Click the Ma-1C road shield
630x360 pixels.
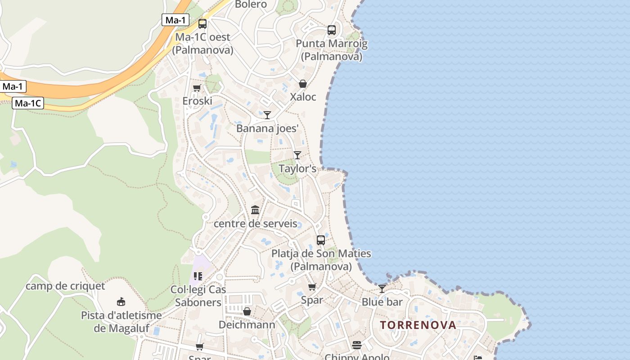pos(28,103)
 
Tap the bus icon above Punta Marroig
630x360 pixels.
pos(332,30)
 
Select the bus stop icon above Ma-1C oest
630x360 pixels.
pos(202,24)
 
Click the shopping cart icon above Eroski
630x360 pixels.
pos(197,88)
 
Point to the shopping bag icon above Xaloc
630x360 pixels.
pos(303,84)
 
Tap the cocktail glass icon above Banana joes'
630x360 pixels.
pos(267,115)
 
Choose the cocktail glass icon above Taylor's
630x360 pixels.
pos(297,155)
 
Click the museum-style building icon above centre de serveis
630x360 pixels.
pos(255,210)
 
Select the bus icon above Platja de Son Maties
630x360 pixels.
pos(321,240)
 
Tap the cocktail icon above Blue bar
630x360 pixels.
pos(382,288)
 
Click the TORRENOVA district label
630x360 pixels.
pos(418,325)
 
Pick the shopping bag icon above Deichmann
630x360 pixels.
pos(247,311)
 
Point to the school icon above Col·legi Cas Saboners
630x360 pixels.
pos(198,276)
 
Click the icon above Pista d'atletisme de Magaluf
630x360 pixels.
pos(121,301)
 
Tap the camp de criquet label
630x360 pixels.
pos(65,286)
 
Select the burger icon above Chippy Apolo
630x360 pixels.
pos(357,345)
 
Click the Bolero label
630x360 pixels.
pos(251,4)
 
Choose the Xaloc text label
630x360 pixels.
pos(303,97)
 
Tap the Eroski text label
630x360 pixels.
pos(197,101)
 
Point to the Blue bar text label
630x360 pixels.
pos(382,302)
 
